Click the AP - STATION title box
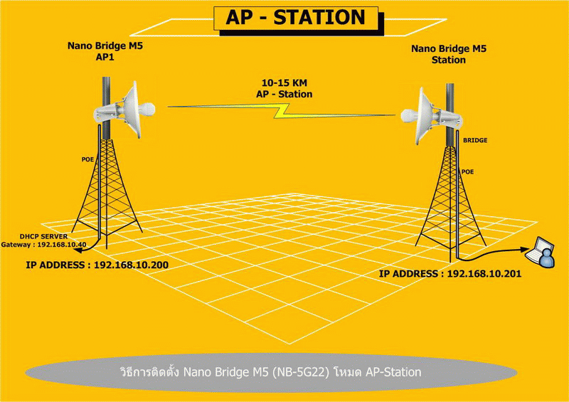[296, 18]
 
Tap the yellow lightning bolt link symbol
[282, 111]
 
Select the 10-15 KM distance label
[284, 83]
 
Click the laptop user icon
[541, 253]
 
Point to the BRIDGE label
[475, 140]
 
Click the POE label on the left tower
[87, 159]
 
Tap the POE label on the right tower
[467, 171]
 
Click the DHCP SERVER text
[43, 236]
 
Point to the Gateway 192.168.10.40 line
[43, 245]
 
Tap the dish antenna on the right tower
[432, 116]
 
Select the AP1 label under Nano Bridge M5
[105, 57]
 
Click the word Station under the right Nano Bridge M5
[449, 60]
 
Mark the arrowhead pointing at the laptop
[523, 250]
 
